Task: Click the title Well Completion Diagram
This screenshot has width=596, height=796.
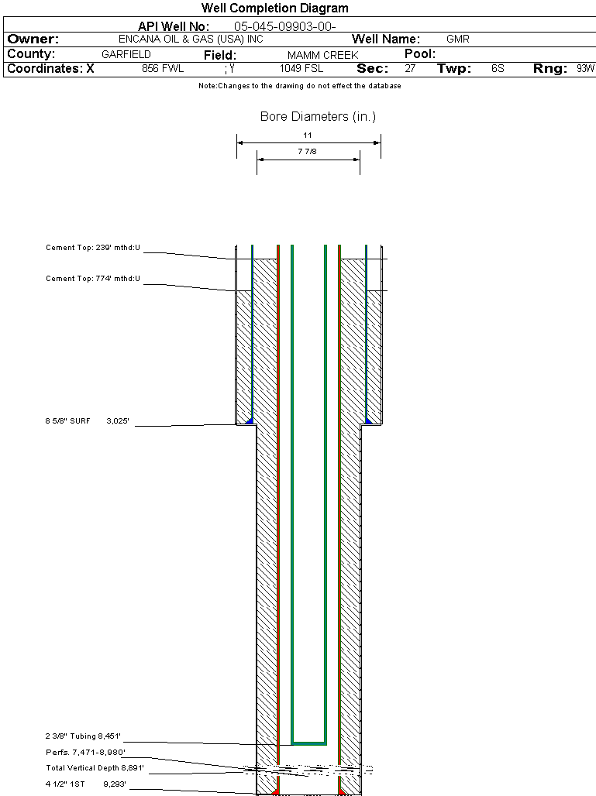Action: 274,9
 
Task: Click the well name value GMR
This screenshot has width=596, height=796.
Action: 458,39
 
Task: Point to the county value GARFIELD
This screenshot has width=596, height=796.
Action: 126,55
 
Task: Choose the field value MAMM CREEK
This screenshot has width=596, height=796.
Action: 322,55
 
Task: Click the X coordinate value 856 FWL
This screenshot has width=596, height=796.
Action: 163,69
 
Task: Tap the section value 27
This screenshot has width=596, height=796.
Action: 410,69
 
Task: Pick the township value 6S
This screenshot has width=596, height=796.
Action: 498,69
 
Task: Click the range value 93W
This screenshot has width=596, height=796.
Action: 585,69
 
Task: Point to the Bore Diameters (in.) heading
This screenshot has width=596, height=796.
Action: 318,117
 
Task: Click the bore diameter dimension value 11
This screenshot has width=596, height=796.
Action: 308,135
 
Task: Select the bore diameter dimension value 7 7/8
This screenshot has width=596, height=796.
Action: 308,152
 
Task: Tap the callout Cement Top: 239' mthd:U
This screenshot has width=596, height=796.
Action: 93,249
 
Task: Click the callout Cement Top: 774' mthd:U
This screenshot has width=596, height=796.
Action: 93,279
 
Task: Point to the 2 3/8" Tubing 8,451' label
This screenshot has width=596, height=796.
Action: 84,736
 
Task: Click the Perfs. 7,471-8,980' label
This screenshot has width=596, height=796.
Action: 85,752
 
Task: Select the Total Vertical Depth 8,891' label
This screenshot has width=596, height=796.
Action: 95,768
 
